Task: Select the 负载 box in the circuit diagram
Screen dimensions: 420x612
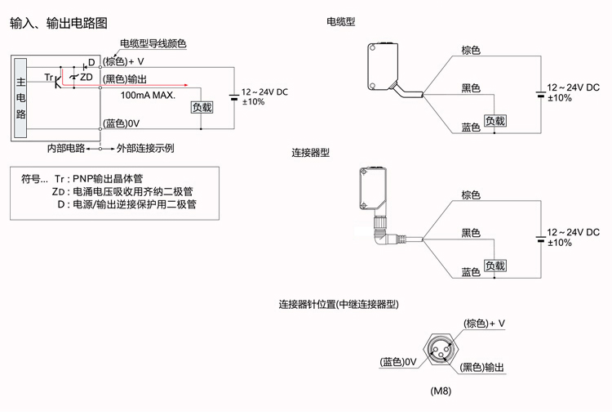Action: tap(202, 107)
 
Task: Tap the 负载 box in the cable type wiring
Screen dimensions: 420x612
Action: tap(495, 121)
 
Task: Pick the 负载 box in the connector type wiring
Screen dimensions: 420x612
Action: tap(495, 266)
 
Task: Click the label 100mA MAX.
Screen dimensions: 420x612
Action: tap(148, 95)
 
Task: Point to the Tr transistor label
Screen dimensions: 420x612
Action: tap(49, 78)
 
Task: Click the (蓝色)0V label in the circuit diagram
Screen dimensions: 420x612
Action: tap(122, 123)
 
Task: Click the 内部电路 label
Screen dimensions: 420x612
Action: tap(65, 148)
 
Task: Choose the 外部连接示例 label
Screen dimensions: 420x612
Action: tap(145, 148)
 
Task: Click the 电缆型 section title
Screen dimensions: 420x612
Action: tap(340, 22)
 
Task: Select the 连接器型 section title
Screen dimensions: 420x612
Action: tap(311, 153)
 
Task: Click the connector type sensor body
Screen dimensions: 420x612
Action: tap(377, 189)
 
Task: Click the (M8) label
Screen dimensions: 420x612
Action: tap(441, 391)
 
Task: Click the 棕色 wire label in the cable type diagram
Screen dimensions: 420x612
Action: tap(471, 50)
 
